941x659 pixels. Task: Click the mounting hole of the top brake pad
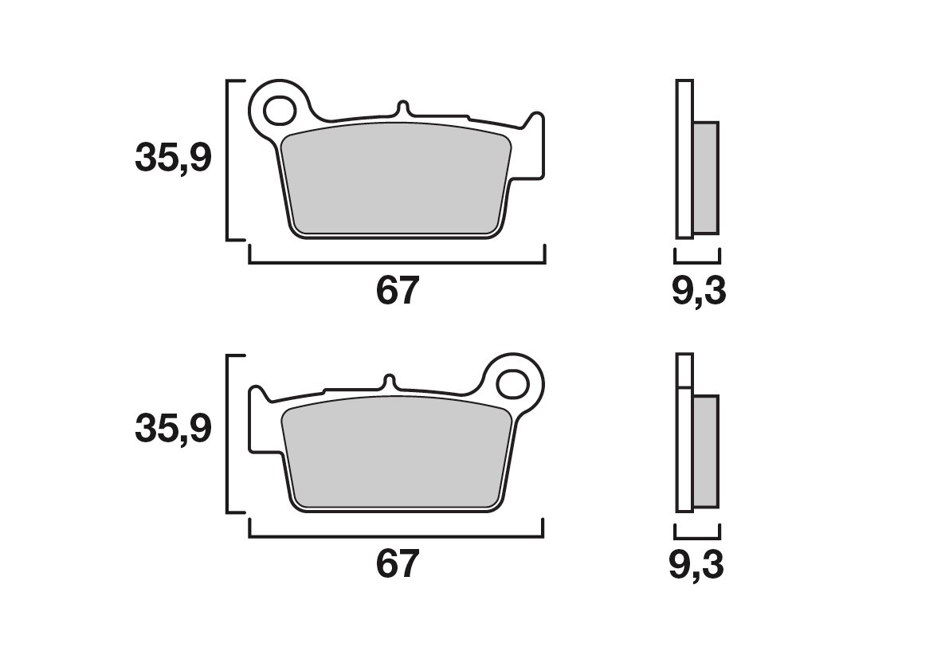[x=279, y=110]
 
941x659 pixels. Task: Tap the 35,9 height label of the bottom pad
[x=173, y=430]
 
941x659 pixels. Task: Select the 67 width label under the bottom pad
[x=396, y=563]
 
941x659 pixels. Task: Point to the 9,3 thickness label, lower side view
[x=696, y=565]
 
